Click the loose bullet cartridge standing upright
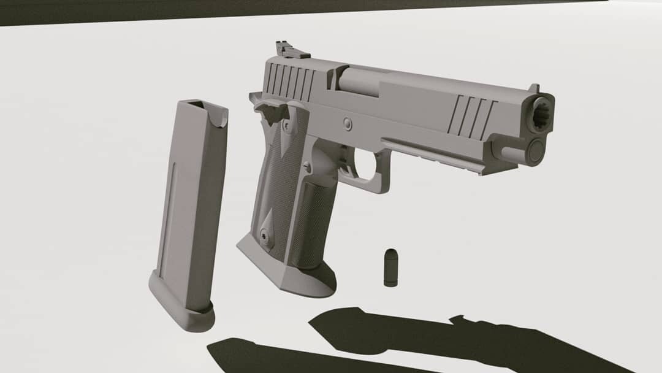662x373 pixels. (390, 267)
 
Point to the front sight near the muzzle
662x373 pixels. (533, 89)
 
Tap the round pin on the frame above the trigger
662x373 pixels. (348, 124)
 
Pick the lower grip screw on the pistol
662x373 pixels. (264, 234)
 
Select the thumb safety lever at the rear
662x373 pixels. (268, 111)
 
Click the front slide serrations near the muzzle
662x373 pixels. (471, 117)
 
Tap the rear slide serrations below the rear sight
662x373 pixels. (291, 80)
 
